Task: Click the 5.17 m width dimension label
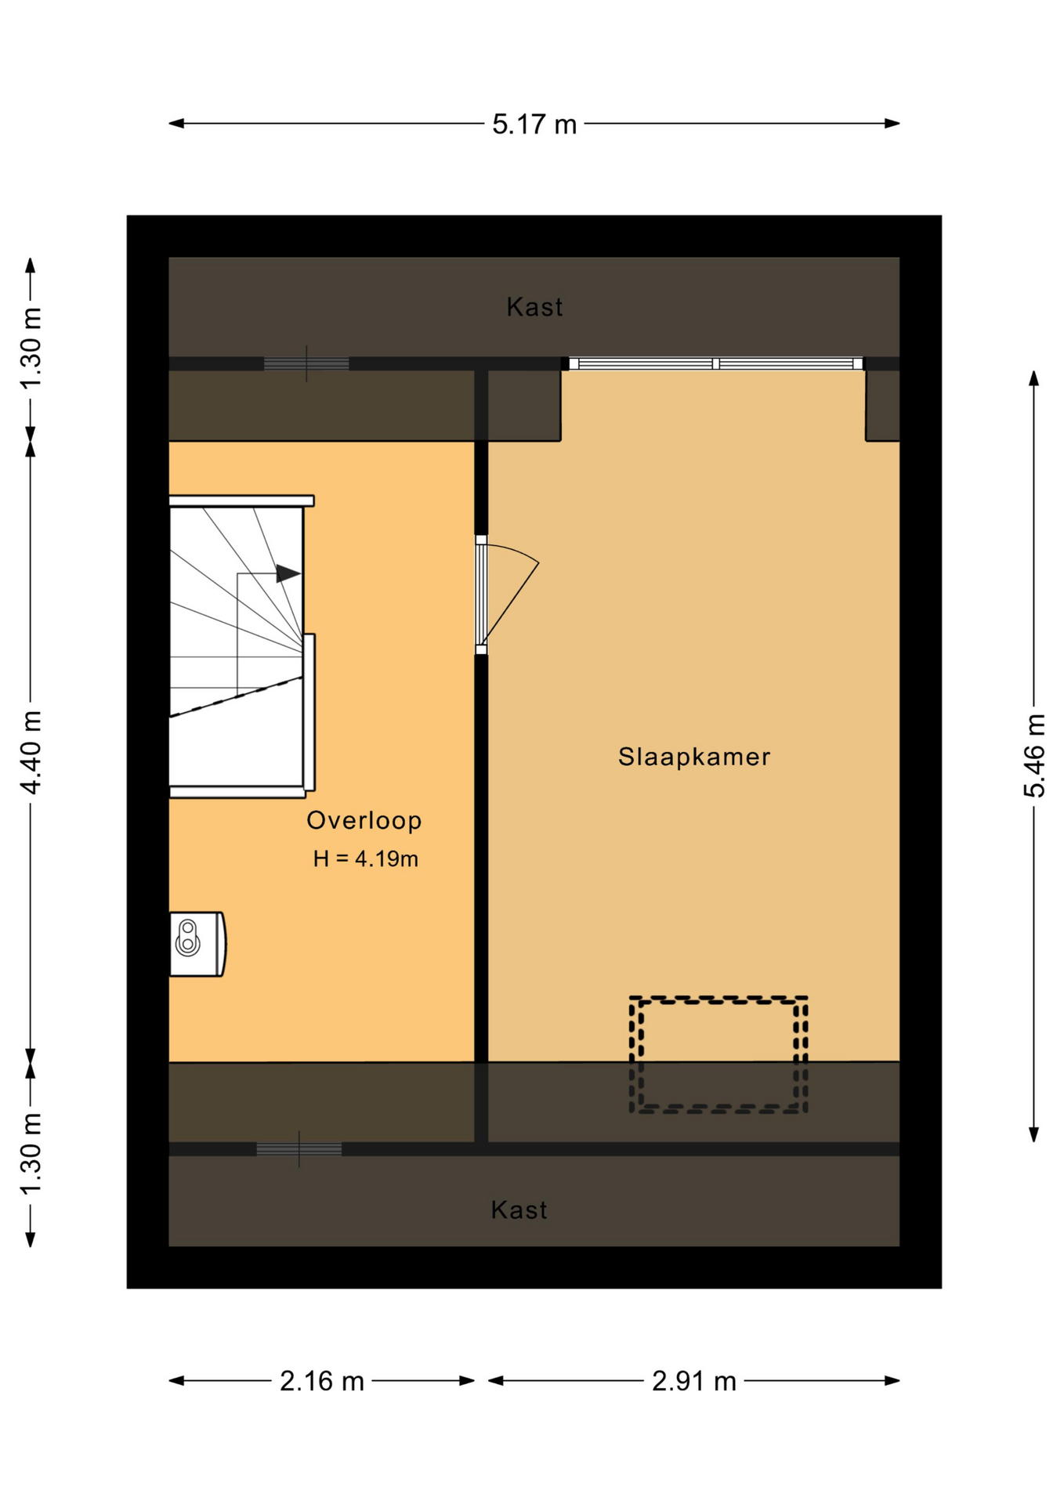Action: [x=534, y=124]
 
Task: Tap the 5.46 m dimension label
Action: [x=1034, y=755]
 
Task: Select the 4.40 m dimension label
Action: [x=30, y=752]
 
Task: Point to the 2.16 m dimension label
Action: [x=322, y=1381]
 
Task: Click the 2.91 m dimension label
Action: [x=694, y=1381]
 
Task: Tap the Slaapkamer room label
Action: [x=694, y=757]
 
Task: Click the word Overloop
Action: [x=364, y=820]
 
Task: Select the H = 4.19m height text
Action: [x=366, y=859]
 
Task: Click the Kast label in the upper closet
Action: [x=534, y=307]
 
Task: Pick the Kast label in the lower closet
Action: [x=519, y=1210]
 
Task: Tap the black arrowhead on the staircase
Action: [x=288, y=574]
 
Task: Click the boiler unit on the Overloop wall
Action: [x=197, y=944]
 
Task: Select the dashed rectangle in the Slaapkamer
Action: [x=718, y=1000]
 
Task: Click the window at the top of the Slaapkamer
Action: [x=716, y=363]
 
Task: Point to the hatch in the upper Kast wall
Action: [x=306, y=363]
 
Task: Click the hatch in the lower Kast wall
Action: [x=299, y=1149]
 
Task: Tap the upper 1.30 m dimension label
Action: [x=30, y=349]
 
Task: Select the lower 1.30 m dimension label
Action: [x=30, y=1155]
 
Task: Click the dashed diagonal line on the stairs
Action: [x=237, y=696]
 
